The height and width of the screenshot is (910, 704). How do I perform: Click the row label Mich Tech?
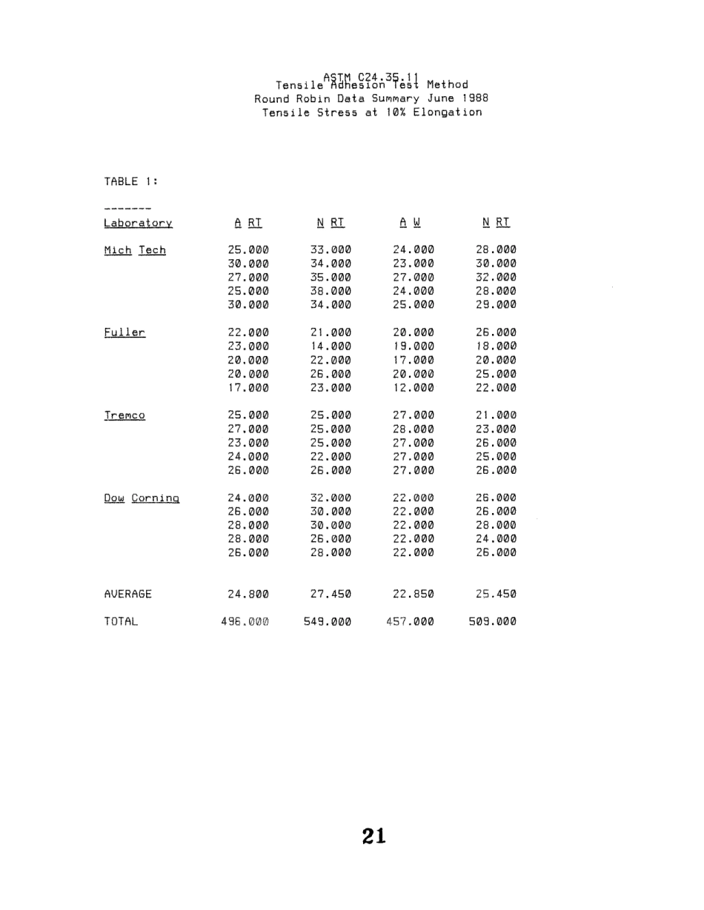pyautogui.click(x=134, y=250)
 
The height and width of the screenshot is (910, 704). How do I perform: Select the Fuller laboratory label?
pyautogui.click(x=124, y=333)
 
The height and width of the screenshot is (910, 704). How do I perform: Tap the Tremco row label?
pyautogui.click(x=124, y=416)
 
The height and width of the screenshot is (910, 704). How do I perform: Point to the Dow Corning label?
pyautogui.click(x=142, y=499)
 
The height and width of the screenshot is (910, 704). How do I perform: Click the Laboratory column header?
pyautogui.click(x=138, y=223)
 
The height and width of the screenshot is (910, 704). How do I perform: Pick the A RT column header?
pyautogui.click(x=248, y=222)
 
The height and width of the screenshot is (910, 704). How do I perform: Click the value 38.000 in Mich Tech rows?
pyautogui.click(x=331, y=291)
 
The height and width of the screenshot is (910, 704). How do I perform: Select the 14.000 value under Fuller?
pyautogui.click(x=331, y=347)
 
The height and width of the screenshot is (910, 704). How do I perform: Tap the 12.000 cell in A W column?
pyautogui.click(x=413, y=388)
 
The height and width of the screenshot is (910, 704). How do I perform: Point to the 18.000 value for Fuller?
pyautogui.click(x=496, y=347)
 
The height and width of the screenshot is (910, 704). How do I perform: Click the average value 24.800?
pyautogui.click(x=248, y=594)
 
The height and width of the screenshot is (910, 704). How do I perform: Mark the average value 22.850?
pyautogui.click(x=413, y=594)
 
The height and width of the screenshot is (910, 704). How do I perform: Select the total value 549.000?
pyautogui.click(x=331, y=622)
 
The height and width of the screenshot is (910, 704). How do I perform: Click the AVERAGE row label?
pyautogui.click(x=127, y=594)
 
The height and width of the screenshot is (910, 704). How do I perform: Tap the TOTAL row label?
pyautogui.click(x=121, y=622)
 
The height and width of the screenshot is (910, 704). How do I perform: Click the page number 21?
pyautogui.click(x=374, y=836)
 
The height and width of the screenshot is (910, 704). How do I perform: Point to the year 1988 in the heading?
pyautogui.click(x=474, y=98)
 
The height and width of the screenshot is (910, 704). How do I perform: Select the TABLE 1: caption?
pyautogui.click(x=130, y=181)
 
